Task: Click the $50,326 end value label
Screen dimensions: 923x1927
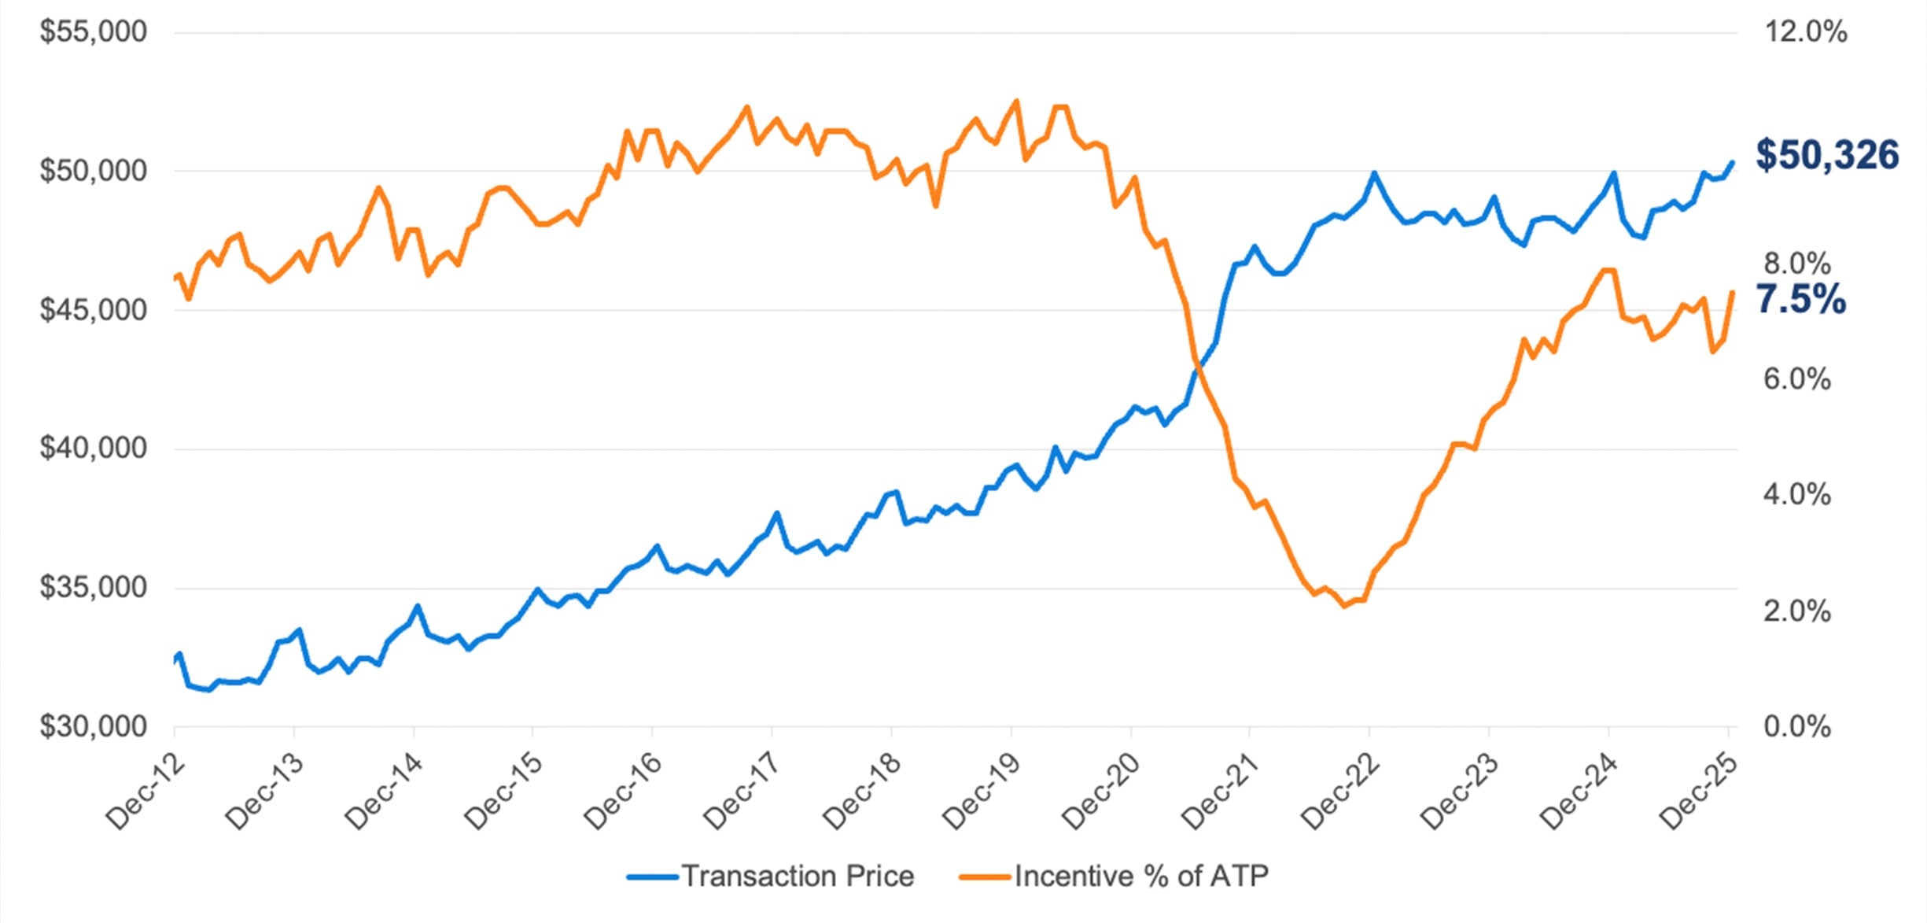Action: pos(1826,155)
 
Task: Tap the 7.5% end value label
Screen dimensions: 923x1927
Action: pos(1800,300)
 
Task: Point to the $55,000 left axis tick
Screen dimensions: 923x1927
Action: pos(94,32)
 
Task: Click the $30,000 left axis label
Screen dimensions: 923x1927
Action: pos(94,726)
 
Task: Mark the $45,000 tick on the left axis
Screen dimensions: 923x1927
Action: pos(94,310)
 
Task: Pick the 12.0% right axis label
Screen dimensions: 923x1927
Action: pos(1806,32)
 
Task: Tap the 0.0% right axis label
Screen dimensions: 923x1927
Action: pos(1797,726)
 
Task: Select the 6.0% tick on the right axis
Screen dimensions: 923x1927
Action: pos(1797,379)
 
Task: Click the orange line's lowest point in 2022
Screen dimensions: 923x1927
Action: pos(1343,605)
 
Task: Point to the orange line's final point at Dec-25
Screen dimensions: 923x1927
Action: pos(1732,293)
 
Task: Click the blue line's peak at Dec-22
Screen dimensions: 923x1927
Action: pos(1374,173)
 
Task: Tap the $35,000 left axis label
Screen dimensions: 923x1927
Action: pos(94,588)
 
